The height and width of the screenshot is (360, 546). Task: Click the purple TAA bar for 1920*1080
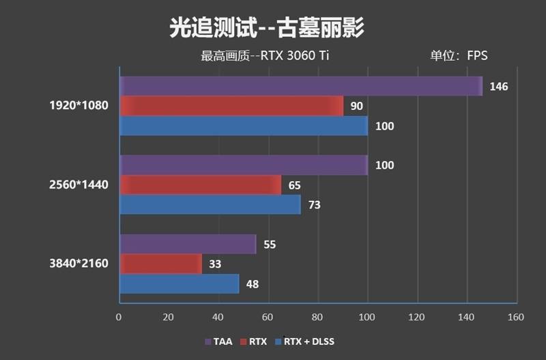point(300,86)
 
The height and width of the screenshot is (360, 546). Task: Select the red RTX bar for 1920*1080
point(231,106)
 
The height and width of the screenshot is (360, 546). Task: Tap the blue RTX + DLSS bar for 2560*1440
point(210,204)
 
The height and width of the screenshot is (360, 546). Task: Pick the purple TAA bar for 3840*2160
point(188,244)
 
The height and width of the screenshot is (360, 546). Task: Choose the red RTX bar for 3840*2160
point(160,264)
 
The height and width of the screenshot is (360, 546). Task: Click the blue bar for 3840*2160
point(179,283)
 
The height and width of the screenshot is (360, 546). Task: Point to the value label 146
point(498,87)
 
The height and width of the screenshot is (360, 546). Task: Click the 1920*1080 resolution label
point(78,106)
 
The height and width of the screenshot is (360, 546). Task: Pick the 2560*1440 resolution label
point(78,184)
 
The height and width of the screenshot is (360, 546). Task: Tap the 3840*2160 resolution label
point(78,264)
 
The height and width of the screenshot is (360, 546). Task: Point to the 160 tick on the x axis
point(515,317)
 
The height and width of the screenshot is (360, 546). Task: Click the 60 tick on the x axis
point(268,317)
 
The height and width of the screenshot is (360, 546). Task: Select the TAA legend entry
point(219,341)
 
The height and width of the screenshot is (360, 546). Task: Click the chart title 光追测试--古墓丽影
point(266,29)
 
